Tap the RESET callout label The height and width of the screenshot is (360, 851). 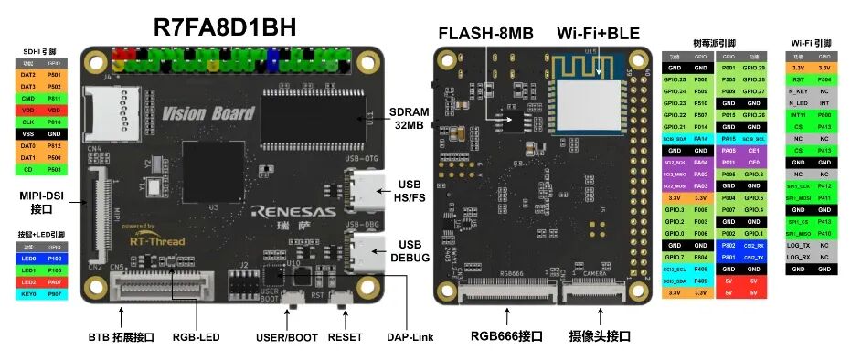tap(346, 337)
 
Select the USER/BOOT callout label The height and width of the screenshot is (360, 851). tap(287, 337)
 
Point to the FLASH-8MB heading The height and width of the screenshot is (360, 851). tap(485, 34)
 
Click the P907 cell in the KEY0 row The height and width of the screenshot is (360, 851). tap(54, 294)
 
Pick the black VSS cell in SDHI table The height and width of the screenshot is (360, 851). tap(27, 132)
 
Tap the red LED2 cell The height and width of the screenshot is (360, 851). tap(27, 282)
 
